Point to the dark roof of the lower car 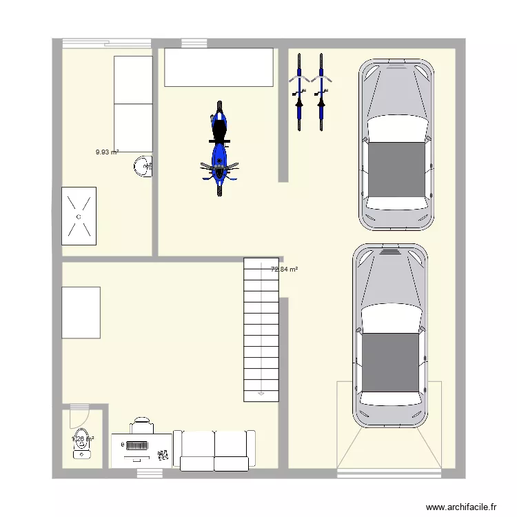391,361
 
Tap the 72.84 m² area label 284,270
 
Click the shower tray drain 79,216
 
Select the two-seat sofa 214,450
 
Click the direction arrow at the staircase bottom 261,394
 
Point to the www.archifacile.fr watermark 462,507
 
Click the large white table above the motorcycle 218,67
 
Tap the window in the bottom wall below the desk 149,473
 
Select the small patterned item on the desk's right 164,454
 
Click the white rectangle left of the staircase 81,312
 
